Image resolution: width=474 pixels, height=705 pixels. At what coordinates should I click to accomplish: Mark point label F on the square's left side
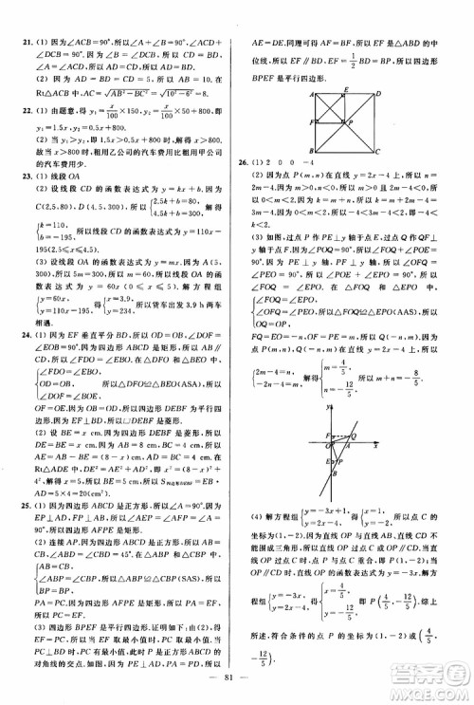[x=310, y=121]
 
